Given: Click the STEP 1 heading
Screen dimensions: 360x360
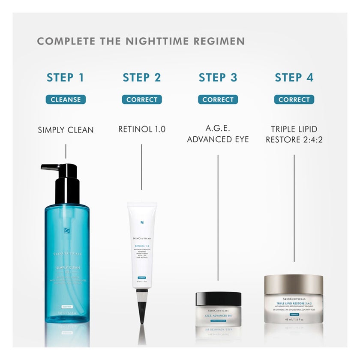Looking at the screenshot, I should point(65,78).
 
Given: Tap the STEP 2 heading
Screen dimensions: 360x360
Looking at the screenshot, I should point(142,78).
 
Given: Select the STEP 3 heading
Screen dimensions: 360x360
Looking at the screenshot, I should point(218,78).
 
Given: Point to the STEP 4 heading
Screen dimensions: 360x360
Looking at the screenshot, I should point(294,78).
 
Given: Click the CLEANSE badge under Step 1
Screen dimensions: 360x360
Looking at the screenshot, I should point(66,99).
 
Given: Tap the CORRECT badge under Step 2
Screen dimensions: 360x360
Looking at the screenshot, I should point(142,99).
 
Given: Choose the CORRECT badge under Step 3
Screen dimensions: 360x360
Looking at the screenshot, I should point(218,99).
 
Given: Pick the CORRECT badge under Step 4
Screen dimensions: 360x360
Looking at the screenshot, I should point(294,99).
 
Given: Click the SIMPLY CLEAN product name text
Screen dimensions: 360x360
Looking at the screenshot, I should point(66,130).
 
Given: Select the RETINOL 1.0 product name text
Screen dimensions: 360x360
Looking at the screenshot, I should point(142,129).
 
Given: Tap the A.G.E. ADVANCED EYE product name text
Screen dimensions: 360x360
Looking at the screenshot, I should point(218,134).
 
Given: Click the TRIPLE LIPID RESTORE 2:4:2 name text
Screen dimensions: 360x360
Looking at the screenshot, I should point(294,134).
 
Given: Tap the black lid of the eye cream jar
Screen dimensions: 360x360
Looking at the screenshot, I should point(218,297).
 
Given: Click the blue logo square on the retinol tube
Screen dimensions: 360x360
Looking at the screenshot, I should point(142,223).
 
